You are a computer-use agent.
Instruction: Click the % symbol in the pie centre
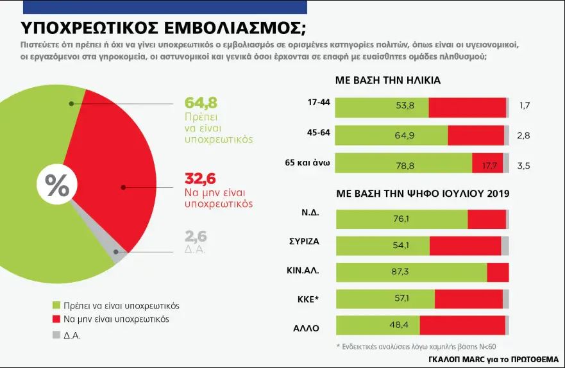click(57, 186)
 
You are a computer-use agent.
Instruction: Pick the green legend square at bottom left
click(56, 305)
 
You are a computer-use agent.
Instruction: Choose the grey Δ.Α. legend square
click(56, 334)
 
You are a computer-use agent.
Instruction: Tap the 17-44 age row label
click(319, 103)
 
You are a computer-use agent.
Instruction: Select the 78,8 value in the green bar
click(405, 165)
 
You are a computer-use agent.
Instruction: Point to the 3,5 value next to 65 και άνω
click(523, 165)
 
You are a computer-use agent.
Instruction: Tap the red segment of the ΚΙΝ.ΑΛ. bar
click(498, 272)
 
